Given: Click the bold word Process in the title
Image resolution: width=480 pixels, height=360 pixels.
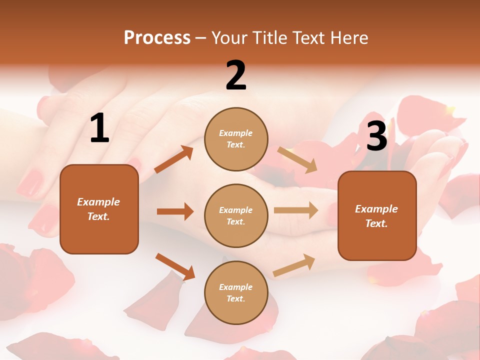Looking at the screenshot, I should click(157, 38).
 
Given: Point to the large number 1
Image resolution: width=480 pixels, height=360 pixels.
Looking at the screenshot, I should click(99, 128).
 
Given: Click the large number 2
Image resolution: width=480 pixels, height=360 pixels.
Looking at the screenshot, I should click(236, 75).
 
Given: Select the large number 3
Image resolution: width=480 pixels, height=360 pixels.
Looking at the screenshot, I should click(376, 136).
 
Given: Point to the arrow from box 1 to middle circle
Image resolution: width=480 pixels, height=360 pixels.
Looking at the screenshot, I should click(175, 211).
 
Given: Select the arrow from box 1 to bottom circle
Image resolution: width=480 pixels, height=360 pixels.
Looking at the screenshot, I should click(175, 266).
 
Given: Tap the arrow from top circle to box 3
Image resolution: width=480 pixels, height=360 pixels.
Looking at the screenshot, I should click(297, 159).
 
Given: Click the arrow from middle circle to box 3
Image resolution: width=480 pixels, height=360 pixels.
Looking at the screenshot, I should click(295, 210).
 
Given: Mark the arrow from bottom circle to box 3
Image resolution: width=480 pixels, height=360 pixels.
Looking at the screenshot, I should click(294, 265).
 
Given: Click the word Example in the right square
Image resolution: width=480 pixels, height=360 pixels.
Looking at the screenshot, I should click(376, 209).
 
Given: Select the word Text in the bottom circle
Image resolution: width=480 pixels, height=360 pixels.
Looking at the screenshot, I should click(235, 298).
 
